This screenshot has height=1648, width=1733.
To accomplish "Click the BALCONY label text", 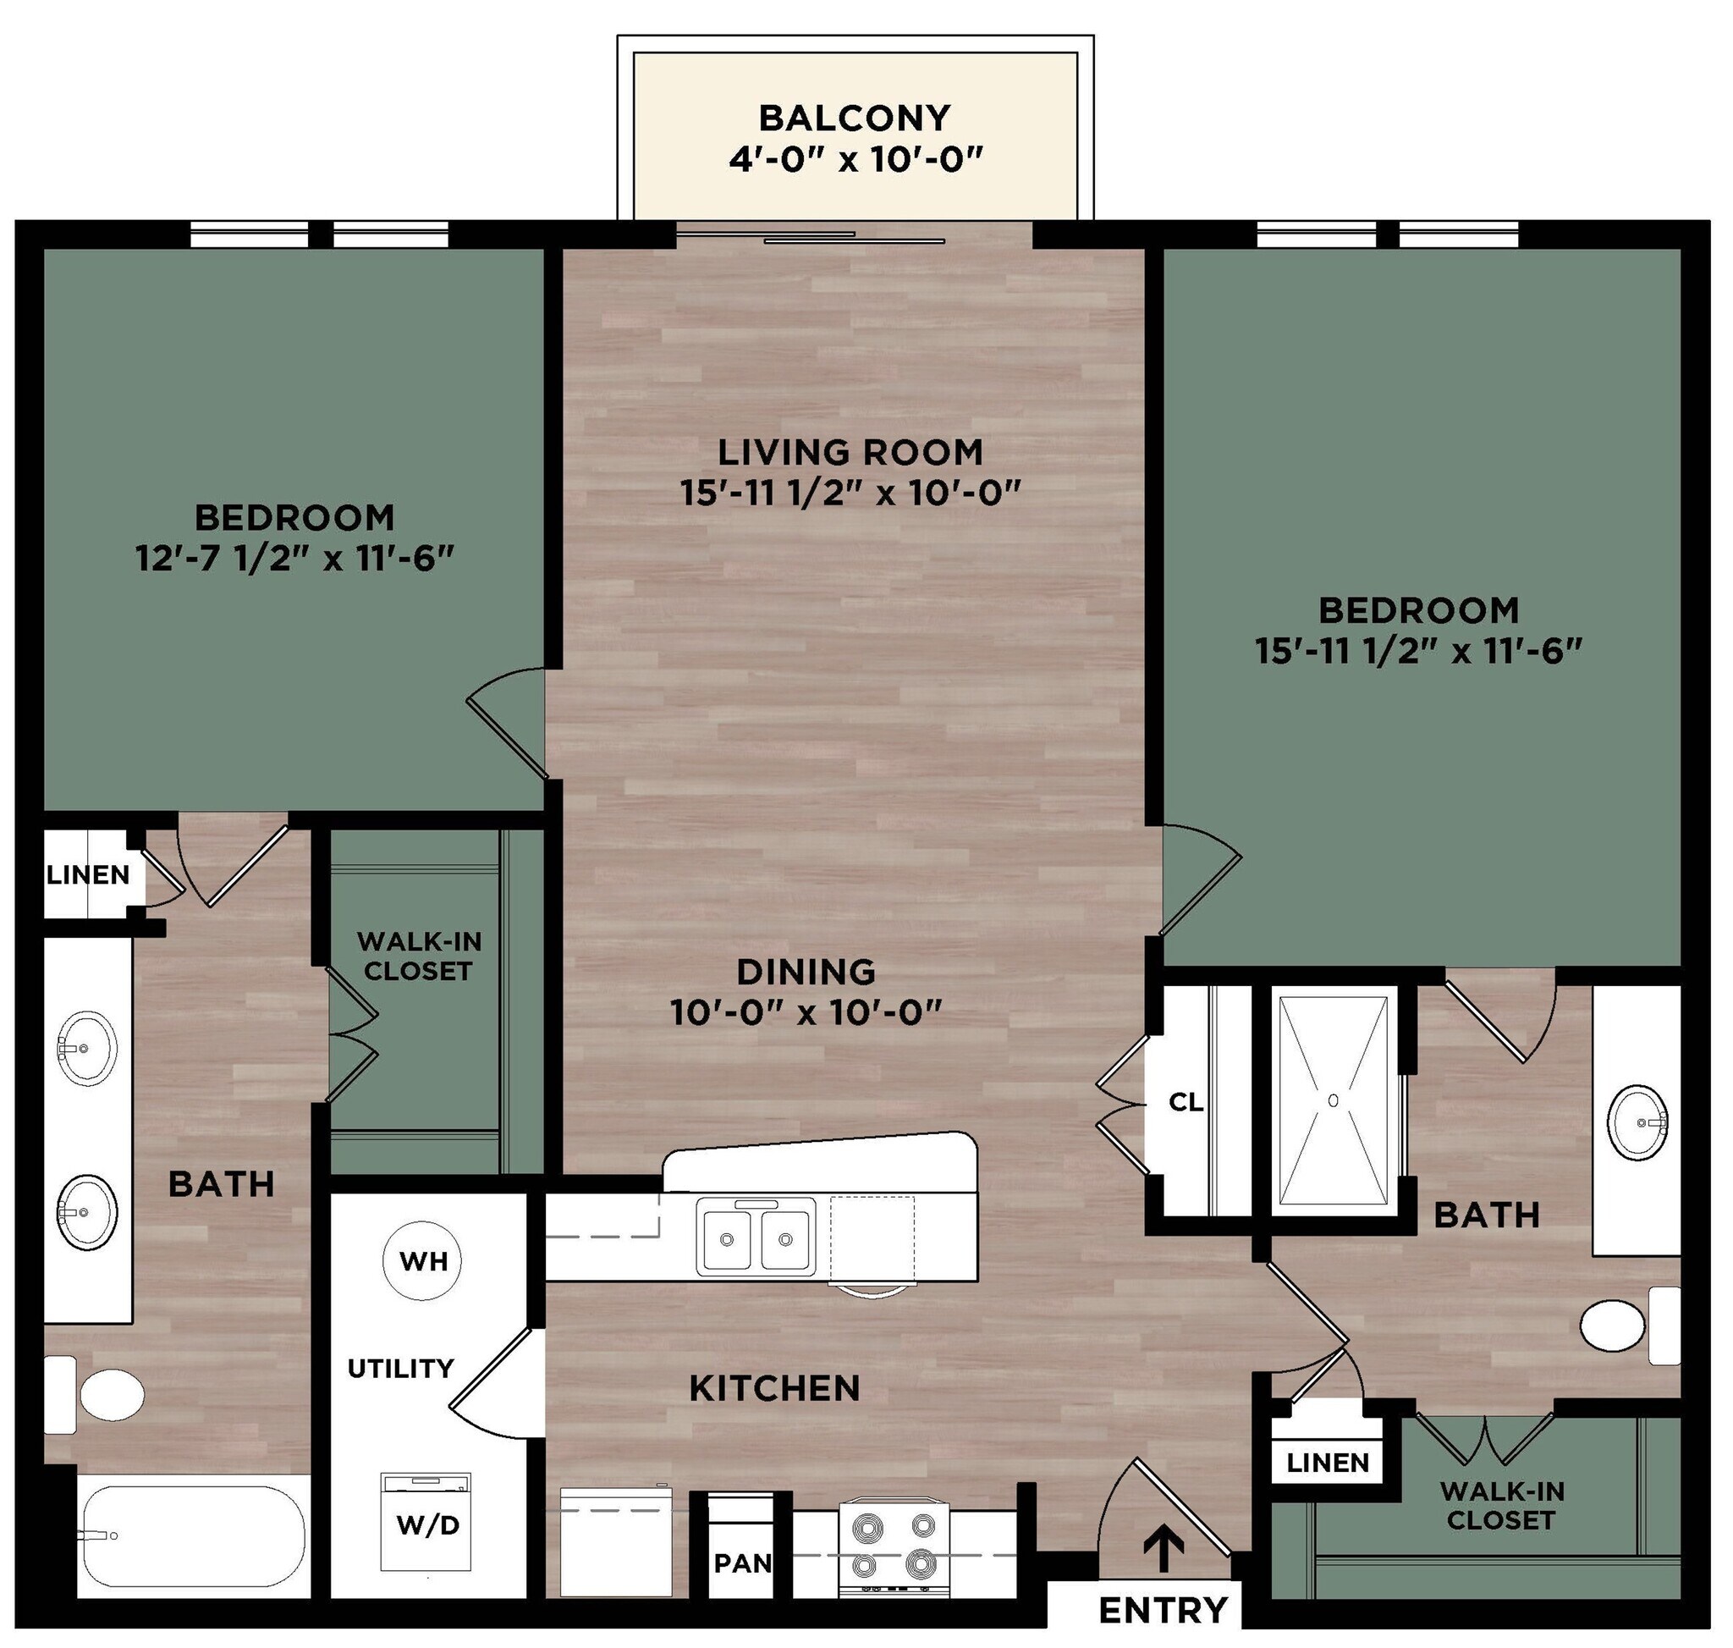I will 854,118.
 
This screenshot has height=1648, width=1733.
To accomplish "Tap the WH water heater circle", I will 422,1261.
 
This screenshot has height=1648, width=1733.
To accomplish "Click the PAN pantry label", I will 742,1563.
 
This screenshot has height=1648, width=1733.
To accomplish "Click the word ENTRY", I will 1163,1610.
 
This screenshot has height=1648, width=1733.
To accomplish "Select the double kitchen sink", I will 756,1237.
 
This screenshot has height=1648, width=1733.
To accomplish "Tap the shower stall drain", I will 1334,1100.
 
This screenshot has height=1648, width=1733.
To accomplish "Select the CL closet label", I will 1186,1102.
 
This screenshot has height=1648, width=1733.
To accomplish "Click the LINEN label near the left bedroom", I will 88,875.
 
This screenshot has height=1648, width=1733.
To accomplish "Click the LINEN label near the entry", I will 1327,1463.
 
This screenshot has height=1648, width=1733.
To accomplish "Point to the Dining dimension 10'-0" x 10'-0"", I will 806,1013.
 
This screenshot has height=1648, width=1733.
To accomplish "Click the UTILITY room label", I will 400,1368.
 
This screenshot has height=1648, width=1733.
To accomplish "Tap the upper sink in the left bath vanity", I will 87,1046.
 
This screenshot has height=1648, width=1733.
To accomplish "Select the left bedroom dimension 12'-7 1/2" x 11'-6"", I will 294,558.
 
